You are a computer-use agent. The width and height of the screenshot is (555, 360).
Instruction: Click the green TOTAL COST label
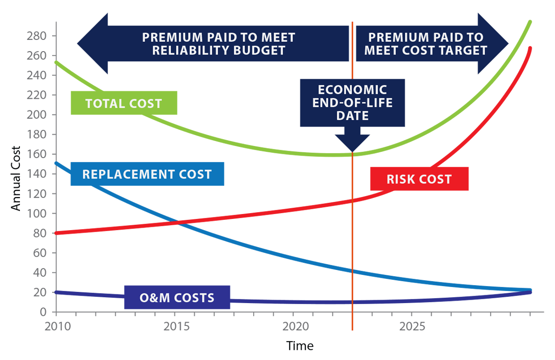pos(124,103)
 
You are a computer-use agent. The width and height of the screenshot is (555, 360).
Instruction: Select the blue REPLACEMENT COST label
pos(147,174)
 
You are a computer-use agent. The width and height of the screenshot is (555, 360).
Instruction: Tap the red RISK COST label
pos(419,179)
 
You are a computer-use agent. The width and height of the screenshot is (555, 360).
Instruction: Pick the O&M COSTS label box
pos(177,297)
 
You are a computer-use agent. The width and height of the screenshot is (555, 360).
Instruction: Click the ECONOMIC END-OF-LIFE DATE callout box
pos(352,103)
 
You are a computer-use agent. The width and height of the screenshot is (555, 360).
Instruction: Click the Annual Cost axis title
pos(16,179)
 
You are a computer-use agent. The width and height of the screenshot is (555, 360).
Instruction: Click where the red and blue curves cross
pos(177,223)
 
